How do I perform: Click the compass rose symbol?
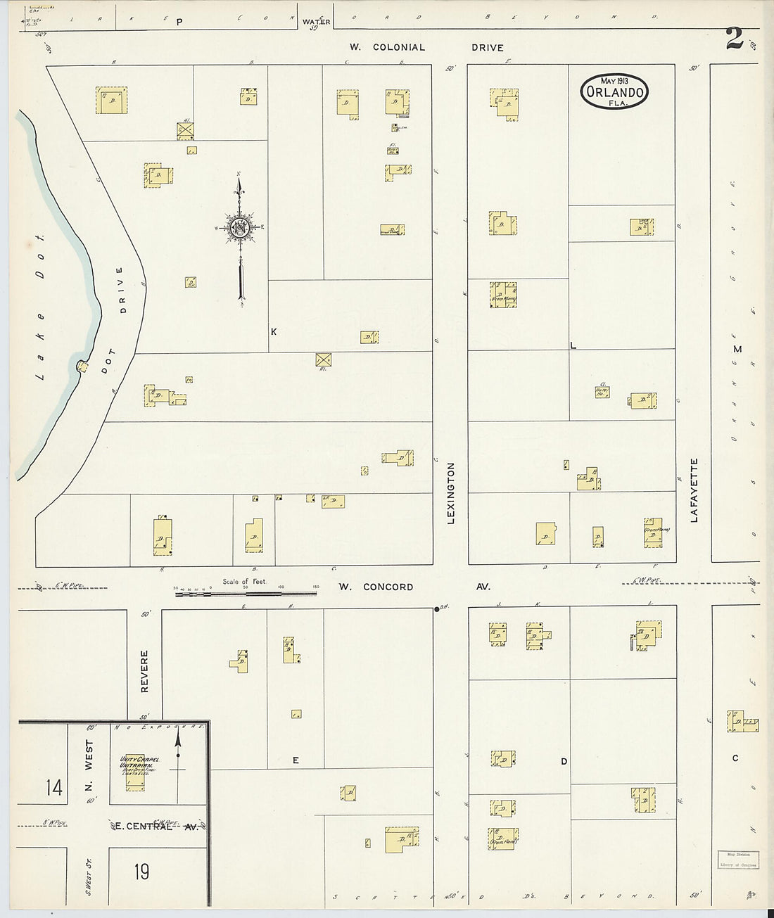pyautogui.click(x=241, y=227)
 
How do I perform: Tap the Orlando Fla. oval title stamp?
pyautogui.click(x=614, y=91)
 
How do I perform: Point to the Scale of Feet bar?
pyautogui.click(x=246, y=593)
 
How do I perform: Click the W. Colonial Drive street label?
pyautogui.click(x=427, y=48)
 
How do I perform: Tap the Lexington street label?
pyautogui.click(x=451, y=493)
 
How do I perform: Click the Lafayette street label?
pyautogui.click(x=694, y=490)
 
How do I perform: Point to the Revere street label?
pyautogui.click(x=145, y=671)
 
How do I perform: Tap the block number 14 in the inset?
pyautogui.click(x=54, y=787)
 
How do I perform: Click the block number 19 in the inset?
pyautogui.click(x=141, y=872)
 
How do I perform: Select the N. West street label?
pyautogui.click(x=89, y=771)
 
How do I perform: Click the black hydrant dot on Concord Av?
pyautogui.click(x=437, y=608)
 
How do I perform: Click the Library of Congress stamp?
pyautogui.click(x=738, y=860)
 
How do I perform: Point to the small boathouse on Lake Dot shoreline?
pyautogui.click(x=82, y=365)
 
